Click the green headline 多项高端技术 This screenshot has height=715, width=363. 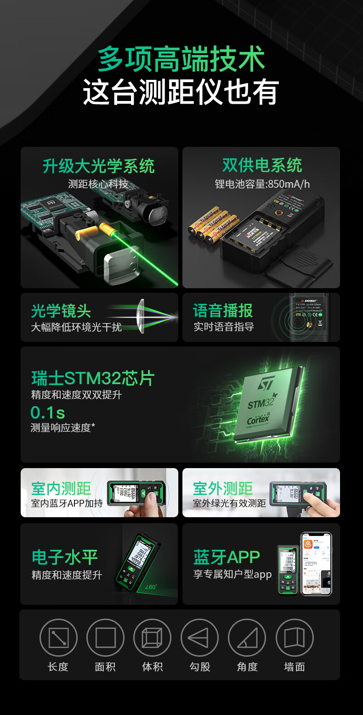[181, 60]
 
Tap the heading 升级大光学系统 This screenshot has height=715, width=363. [98, 166]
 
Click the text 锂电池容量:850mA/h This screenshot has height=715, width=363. [262, 184]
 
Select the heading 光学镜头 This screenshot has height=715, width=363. [61, 311]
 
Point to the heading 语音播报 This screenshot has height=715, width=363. [223, 311]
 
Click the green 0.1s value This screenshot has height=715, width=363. [47, 412]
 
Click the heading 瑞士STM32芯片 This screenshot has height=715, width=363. [93, 378]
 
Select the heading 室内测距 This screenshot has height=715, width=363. [61, 488]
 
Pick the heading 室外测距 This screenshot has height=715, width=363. [223, 488]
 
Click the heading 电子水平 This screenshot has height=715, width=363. [65, 557]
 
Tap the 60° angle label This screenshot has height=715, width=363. [151, 587]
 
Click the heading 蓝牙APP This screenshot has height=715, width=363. [227, 557]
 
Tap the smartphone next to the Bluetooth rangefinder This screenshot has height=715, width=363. [316, 564]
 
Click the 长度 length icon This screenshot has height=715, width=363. [58, 637]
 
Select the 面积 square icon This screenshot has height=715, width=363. [105, 637]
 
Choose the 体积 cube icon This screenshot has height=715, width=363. [152, 637]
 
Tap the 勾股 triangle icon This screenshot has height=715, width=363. [199, 637]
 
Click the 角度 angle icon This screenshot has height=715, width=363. [247, 637]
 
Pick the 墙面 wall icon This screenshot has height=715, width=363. [295, 637]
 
